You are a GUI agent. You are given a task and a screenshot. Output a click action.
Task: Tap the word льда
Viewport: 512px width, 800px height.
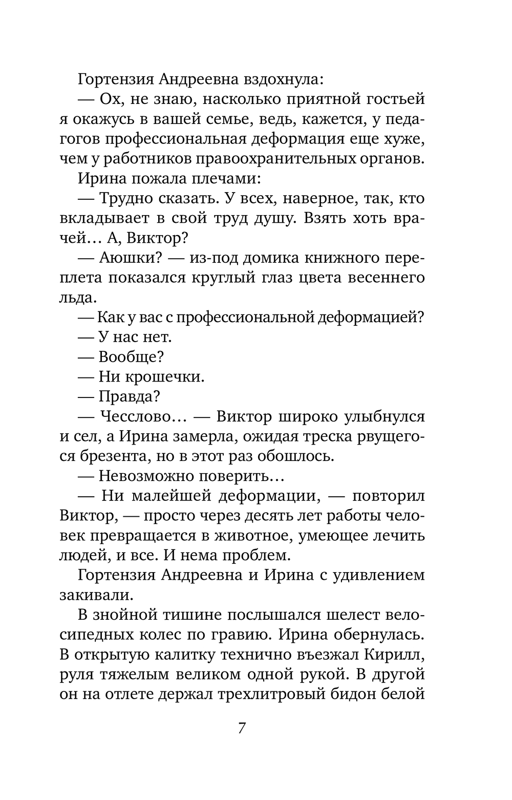77,298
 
